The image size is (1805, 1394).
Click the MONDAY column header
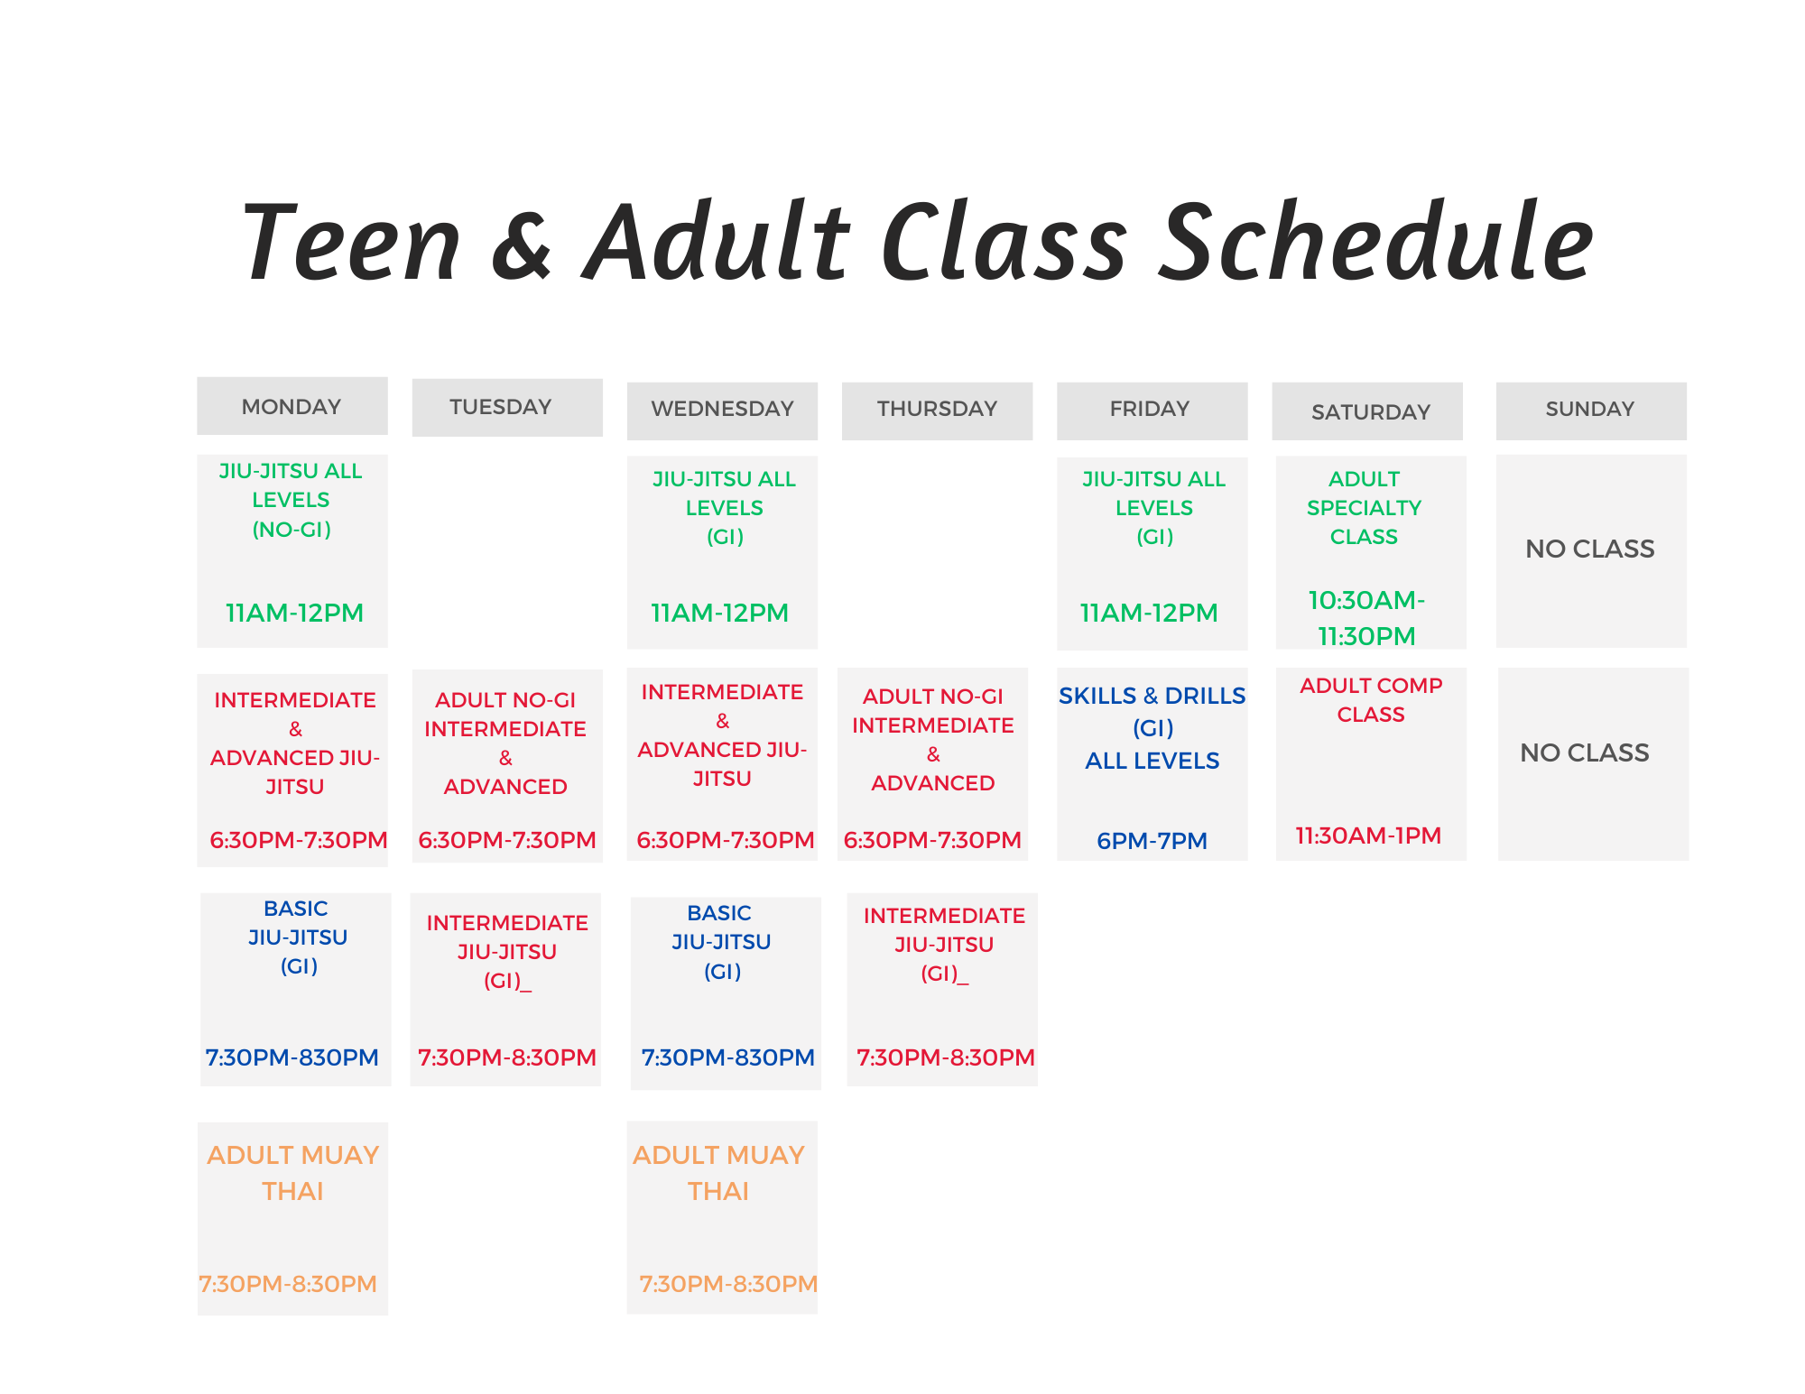point(292,407)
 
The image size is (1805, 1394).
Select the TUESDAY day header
point(501,407)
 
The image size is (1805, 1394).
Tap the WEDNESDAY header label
point(722,409)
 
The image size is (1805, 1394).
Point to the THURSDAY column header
point(937,409)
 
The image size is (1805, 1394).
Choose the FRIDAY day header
point(1150,409)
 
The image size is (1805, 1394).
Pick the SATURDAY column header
point(1371,412)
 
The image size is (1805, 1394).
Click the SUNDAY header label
point(1590,409)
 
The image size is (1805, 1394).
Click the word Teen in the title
point(351,242)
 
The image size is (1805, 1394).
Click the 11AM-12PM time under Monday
point(294,613)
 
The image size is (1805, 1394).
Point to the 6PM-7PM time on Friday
point(1152,841)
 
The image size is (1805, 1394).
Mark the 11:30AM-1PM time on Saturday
point(1368,835)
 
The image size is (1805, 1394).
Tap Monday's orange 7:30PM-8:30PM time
point(288,1284)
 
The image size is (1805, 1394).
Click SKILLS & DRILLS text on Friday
point(1152,696)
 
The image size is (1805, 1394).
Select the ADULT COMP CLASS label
point(1371,700)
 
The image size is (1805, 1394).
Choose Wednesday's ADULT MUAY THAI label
point(718,1173)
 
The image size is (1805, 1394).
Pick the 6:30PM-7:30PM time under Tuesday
point(507,840)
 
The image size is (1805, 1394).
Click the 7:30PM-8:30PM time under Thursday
point(946,1057)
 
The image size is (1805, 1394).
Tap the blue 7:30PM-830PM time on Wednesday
point(727,1057)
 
